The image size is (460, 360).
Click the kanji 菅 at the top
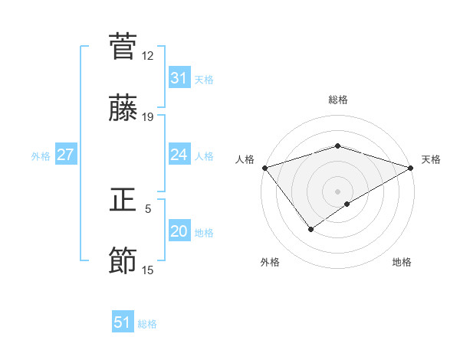(123, 47)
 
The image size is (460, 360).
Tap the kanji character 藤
(123, 110)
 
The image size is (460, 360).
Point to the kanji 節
(123, 261)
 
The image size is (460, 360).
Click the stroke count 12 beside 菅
(148, 56)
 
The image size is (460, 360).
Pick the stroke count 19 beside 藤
(148, 117)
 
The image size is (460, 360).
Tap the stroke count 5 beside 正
(148, 208)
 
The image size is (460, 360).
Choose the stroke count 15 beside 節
(148, 270)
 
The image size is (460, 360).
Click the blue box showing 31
(179, 78)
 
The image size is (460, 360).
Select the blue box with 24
(179, 155)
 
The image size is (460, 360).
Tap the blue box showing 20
(179, 231)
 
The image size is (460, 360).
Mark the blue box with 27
(65, 155)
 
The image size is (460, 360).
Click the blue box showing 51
(123, 322)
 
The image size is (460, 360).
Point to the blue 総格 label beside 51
(147, 324)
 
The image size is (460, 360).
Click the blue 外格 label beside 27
(41, 156)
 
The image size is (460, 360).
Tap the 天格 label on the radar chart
(432, 159)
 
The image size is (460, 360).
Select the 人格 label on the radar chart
(245, 159)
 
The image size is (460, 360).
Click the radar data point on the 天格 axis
(412, 168)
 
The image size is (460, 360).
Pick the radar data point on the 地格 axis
(347, 204)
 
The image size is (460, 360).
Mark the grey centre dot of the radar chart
(337, 191)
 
